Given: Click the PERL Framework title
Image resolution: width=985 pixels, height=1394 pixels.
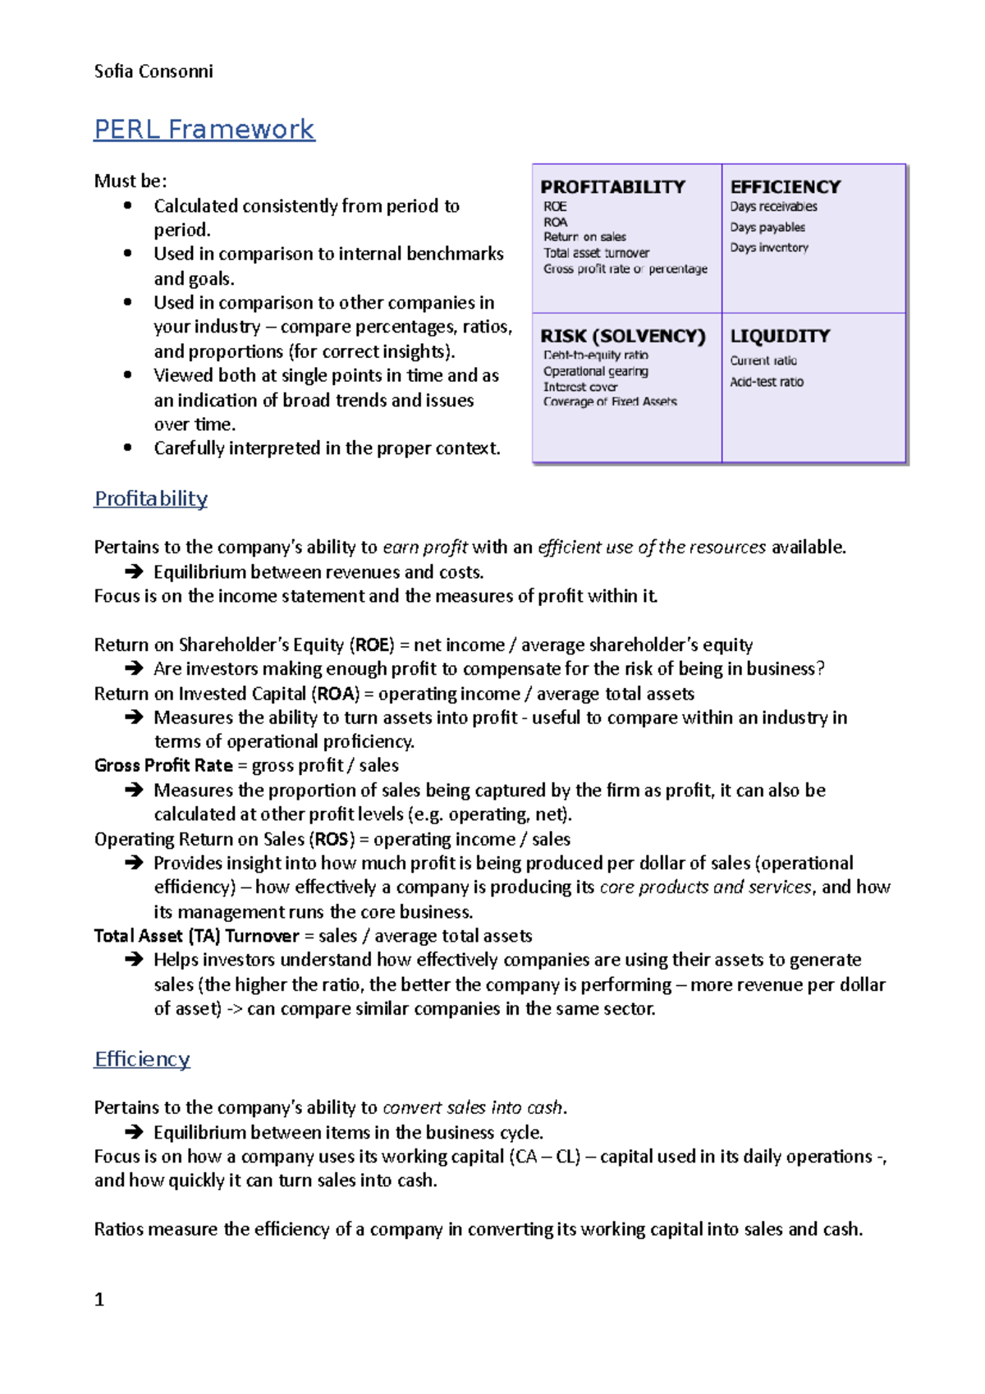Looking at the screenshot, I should coord(204,130).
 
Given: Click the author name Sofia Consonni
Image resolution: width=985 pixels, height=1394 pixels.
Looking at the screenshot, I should coord(153,71).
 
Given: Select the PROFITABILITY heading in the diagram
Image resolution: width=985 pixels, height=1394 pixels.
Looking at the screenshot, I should coord(612,187).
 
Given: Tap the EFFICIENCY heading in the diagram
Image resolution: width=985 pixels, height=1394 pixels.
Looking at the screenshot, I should coord(786,187).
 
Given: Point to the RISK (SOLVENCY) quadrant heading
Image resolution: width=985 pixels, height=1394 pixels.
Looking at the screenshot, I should coord(623,336).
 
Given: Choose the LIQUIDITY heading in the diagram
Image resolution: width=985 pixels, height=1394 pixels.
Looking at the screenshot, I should coord(780,336).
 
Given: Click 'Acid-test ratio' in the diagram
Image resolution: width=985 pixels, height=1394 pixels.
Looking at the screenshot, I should coord(767,382).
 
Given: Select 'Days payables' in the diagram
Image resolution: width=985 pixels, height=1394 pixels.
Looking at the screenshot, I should coord(767,227).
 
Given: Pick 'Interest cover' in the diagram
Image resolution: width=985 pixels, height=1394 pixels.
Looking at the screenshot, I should coord(580,387).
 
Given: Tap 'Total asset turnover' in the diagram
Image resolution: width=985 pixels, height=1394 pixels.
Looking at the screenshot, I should coord(596,253).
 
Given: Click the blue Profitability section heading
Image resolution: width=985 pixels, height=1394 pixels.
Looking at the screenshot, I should coord(151,499).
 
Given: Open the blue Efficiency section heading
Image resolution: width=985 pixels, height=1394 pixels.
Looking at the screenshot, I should coord(142,1059).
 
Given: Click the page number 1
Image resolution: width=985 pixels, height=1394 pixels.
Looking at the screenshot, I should coord(99,1300).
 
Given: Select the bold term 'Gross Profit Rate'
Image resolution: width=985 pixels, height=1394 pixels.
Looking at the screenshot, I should coord(163,765).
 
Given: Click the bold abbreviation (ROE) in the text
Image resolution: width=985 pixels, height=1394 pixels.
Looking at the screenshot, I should coord(372,644).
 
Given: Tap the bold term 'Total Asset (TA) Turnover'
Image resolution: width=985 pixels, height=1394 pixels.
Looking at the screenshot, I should coord(196,936).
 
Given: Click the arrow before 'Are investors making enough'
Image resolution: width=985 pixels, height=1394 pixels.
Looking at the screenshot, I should coord(134,669).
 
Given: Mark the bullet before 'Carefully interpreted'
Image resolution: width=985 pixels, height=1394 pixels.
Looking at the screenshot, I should coord(127,447).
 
